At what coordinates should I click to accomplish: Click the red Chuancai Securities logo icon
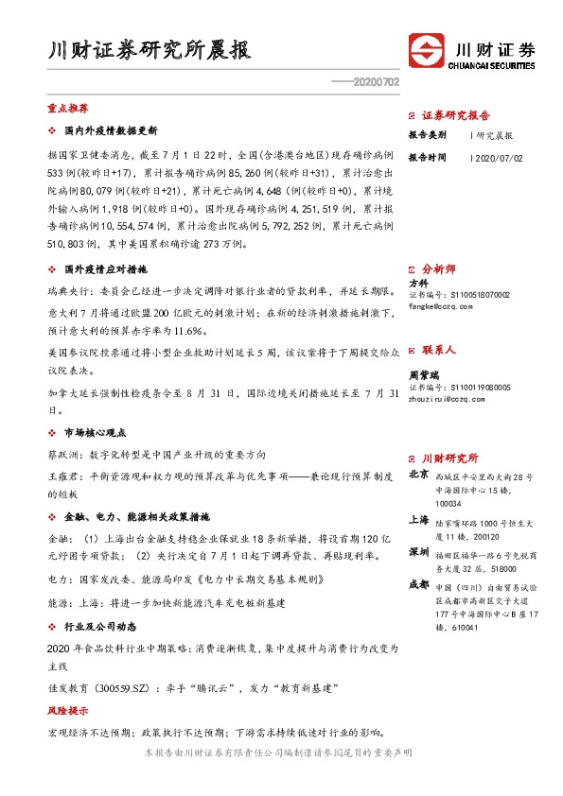(x=427, y=50)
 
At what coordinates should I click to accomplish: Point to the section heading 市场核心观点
(x=100, y=431)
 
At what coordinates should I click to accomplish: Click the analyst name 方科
(x=418, y=283)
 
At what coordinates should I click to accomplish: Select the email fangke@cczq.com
(x=439, y=306)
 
